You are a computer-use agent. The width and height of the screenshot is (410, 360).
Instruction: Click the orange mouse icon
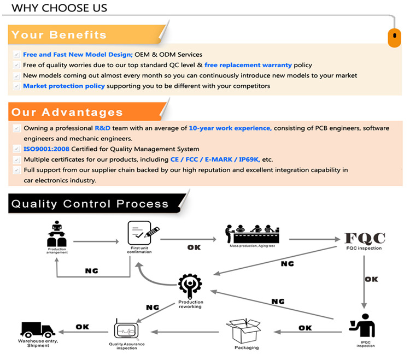pyautogui.click(x=394, y=38)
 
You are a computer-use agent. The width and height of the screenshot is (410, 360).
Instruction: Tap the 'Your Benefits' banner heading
pyautogui.click(x=59, y=35)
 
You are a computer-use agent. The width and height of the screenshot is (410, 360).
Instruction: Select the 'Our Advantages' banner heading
pyautogui.click(x=67, y=112)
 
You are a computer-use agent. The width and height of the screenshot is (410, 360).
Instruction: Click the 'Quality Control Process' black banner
pyautogui.click(x=90, y=204)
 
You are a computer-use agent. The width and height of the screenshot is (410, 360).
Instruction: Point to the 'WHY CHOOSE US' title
pyautogui.click(x=60, y=8)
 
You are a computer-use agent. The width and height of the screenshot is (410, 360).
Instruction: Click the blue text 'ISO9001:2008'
pyautogui.click(x=46, y=149)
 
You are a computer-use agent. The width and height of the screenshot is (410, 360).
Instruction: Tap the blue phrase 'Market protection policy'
pyautogui.click(x=64, y=86)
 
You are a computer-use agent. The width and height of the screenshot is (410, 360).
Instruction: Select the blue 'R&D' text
pyautogui.click(x=103, y=128)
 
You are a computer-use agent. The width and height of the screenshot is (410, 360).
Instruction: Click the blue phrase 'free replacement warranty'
pyautogui.click(x=248, y=65)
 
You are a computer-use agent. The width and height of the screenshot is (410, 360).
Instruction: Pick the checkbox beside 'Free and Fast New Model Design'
pyautogui.click(x=17, y=55)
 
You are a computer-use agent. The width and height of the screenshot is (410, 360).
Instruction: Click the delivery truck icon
pyautogui.click(x=37, y=329)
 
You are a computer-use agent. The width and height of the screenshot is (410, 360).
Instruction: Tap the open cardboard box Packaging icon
pyautogui.click(x=243, y=331)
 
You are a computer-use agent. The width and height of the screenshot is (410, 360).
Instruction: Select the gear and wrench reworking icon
pyautogui.click(x=190, y=286)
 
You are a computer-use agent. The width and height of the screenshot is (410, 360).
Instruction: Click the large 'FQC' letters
pyautogui.click(x=365, y=238)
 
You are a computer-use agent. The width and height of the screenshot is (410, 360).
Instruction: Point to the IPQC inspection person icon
pyautogui.click(x=362, y=325)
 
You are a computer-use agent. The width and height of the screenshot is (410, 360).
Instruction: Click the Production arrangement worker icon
pyautogui.click(x=57, y=234)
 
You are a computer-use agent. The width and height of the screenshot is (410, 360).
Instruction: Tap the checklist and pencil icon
pyautogui.click(x=143, y=233)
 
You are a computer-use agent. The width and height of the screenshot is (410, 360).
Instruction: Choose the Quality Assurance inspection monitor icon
pyautogui.click(x=126, y=330)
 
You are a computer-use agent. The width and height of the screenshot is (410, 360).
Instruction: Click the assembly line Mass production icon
pyautogui.click(x=252, y=234)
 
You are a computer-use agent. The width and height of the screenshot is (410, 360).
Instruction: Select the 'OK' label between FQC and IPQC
pyautogui.click(x=372, y=279)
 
